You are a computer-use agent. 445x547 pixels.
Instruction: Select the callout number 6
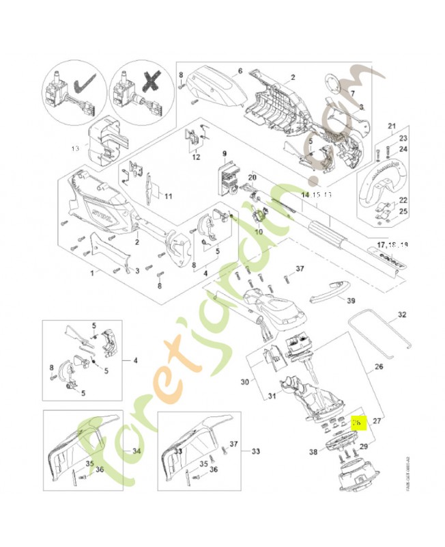(x=240, y=70)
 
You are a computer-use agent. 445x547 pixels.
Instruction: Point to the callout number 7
(x=353, y=93)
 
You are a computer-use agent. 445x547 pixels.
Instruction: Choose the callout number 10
(x=259, y=232)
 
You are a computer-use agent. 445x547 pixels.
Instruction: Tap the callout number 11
(x=167, y=197)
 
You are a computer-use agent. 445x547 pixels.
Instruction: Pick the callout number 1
(x=92, y=273)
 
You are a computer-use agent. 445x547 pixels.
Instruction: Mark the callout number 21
(x=392, y=126)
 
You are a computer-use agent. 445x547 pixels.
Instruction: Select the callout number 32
(x=401, y=316)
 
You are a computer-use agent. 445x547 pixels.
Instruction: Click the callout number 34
(x=137, y=451)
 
